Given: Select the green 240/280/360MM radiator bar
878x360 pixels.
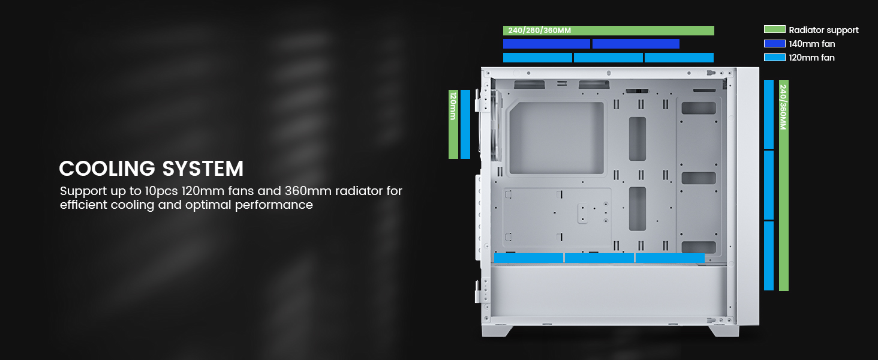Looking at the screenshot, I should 608,31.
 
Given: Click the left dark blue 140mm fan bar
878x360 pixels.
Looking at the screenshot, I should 546,44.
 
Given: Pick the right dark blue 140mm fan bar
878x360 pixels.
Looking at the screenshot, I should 636,44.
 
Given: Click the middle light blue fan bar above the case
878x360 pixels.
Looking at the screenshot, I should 608,58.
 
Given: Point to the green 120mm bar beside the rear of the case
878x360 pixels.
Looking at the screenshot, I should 453,124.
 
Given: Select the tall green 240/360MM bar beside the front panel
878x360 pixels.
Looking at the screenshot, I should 783,185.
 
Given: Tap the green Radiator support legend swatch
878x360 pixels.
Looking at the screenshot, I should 774,29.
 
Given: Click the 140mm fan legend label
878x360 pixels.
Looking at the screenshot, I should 811,44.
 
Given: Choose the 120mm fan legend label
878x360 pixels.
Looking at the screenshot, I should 811,58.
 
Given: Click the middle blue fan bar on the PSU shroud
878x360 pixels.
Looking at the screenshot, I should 599,257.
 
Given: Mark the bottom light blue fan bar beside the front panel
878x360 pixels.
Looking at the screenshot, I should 769,256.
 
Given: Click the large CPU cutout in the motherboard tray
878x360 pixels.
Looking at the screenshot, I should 556,138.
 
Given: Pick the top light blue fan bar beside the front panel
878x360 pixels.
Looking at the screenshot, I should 769,114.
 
